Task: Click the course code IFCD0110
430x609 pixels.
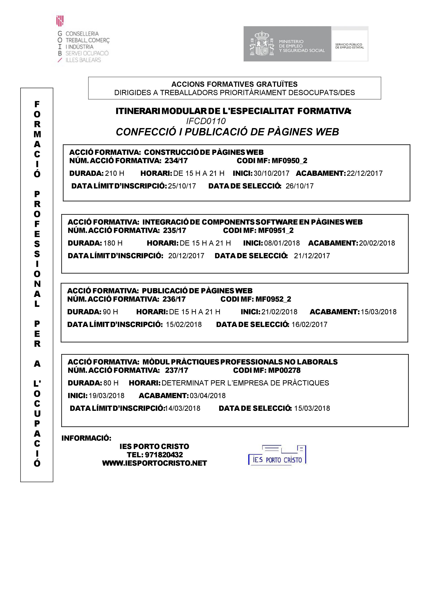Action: [206, 121]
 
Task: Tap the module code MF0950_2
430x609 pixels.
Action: [290, 161]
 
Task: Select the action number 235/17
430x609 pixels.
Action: [175, 230]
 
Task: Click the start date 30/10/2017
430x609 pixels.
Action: [271, 174]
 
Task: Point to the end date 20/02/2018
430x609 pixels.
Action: [377, 243]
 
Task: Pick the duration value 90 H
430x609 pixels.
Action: [110, 312]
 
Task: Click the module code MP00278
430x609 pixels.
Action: [284, 370]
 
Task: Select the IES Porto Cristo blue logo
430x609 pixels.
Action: [277, 455]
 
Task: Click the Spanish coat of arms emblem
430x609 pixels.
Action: [262, 44]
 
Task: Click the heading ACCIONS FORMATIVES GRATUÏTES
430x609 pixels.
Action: [234, 84]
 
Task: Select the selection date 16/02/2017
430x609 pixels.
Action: [309, 325]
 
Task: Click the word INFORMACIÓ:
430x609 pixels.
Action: [86, 438]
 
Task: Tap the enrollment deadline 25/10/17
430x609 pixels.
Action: [182, 186]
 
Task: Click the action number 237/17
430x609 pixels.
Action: [177, 370]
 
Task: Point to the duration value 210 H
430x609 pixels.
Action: [114, 174]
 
